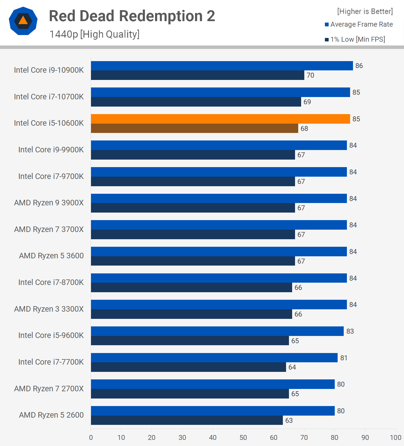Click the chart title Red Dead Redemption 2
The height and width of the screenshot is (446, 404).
pos(132,16)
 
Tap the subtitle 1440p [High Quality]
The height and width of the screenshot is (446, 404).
pos(94,34)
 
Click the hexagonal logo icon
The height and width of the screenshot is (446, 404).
pos(23,21)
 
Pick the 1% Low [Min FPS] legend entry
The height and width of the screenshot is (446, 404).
pos(355,39)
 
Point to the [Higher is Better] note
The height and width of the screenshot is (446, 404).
pos(365,11)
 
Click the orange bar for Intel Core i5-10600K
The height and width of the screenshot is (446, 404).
pos(220,119)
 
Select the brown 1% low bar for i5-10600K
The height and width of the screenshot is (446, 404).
pos(194,128)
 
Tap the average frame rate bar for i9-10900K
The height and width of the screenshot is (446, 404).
pos(222,66)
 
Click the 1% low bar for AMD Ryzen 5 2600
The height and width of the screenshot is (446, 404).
pos(187,420)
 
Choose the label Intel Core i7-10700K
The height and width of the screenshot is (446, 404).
pos(49,96)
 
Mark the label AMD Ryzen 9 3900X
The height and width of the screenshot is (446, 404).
pos(49,203)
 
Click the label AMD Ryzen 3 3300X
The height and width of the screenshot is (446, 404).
pos(49,309)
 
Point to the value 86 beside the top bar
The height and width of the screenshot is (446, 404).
pos(359,66)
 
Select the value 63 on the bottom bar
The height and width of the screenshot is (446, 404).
pos(289,421)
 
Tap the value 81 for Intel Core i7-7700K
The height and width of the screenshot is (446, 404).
pos(344,358)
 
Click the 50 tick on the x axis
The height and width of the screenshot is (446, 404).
pos(243,438)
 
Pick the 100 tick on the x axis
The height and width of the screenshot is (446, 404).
pos(396,438)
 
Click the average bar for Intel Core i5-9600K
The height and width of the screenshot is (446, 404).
pos(217,331)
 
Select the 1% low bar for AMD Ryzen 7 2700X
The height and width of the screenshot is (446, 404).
pos(190,394)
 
